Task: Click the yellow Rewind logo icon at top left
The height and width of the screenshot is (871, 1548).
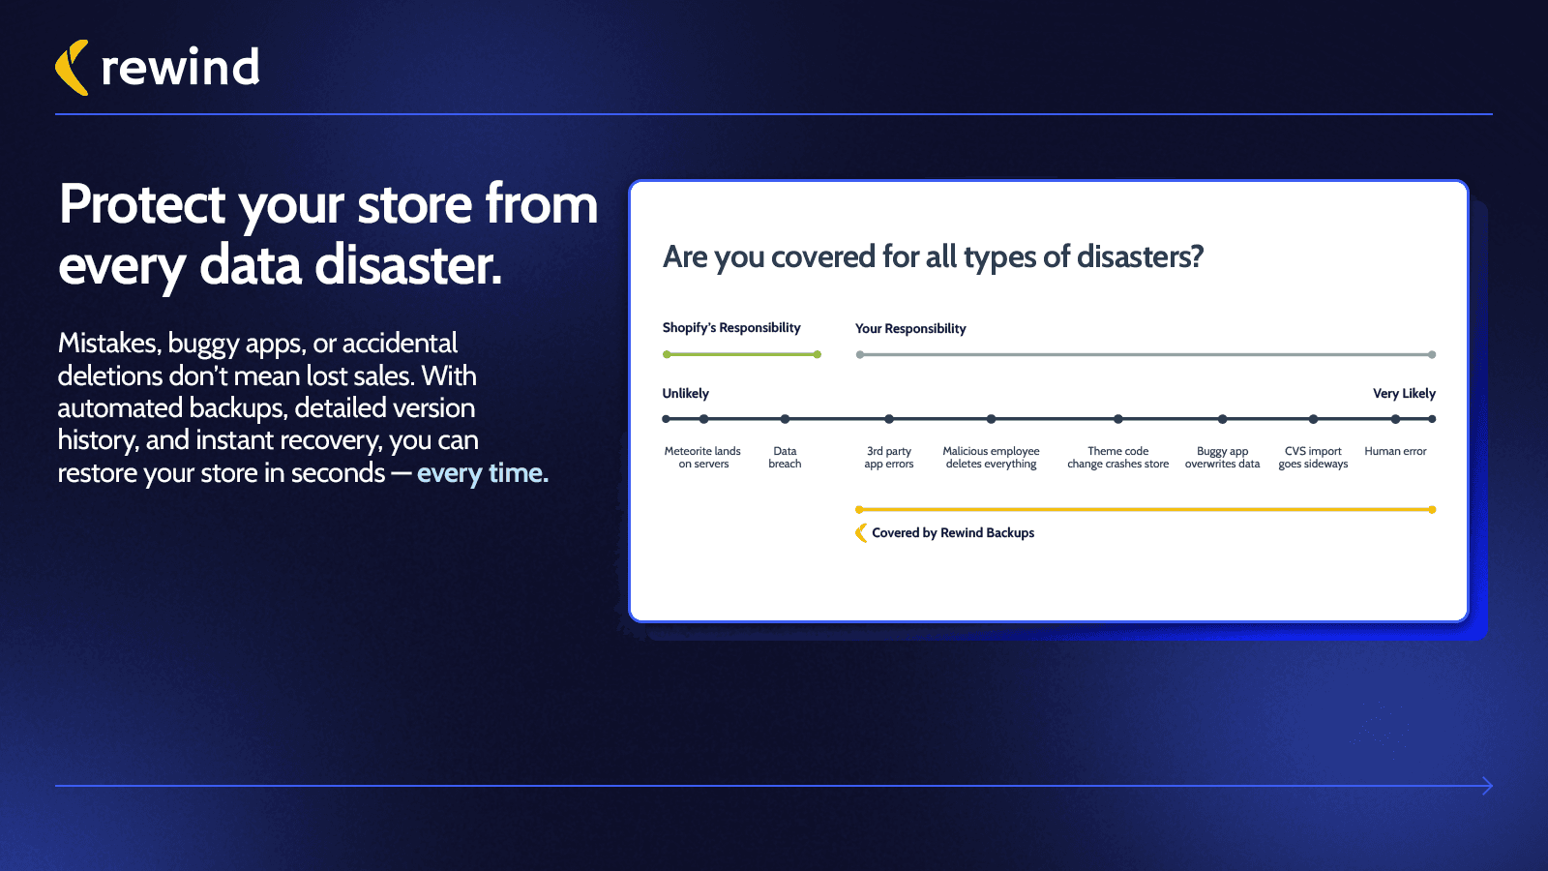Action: coord(72,68)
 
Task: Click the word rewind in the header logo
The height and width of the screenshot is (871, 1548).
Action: coord(180,68)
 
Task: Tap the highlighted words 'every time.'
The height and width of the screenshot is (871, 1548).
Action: coord(482,473)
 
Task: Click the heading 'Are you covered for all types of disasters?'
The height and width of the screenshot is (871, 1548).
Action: coord(933,257)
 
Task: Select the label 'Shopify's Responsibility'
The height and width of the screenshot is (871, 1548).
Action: coord(731,328)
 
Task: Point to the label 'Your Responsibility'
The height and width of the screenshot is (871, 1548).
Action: coord(910,329)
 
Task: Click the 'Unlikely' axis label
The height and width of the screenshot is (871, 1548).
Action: coord(685,394)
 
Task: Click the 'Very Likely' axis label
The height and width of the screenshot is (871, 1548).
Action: coord(1404,394)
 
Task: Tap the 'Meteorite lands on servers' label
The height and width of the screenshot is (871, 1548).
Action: coord(703,458)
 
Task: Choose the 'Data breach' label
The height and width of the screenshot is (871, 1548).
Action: coord(785,458)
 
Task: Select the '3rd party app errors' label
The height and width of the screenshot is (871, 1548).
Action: coord(889,458)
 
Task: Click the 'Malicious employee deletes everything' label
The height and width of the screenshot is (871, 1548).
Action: coord(991,458)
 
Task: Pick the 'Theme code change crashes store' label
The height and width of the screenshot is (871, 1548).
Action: coord(1117,458)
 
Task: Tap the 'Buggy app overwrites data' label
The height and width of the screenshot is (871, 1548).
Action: coord(1222,458)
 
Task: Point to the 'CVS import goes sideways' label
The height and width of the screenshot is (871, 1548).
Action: coord(1313,458)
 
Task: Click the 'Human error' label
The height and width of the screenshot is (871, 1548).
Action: coord(1395,452)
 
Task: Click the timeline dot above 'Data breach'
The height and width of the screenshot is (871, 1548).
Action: coord(785,419)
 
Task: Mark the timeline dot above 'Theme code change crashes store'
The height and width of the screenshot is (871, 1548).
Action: coord(1117,419)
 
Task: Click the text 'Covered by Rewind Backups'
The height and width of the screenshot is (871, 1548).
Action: coord(953,533)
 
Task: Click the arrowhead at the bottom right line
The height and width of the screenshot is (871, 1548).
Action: coord(1487,786)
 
